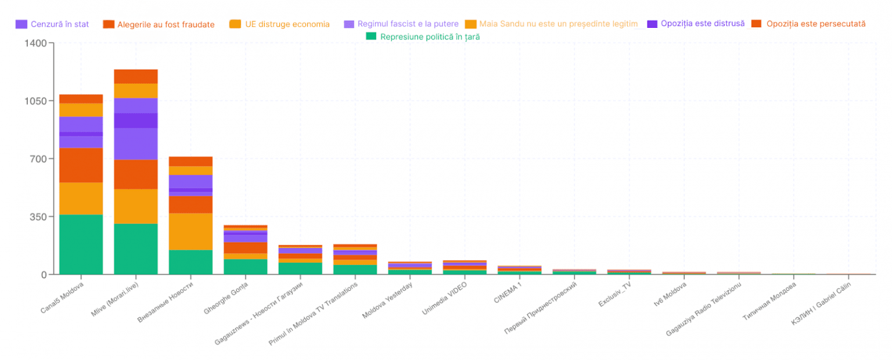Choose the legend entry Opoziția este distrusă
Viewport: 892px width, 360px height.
(703, 24)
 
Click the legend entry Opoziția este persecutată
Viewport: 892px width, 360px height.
(815, 24)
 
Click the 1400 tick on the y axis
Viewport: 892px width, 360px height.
(36, 44)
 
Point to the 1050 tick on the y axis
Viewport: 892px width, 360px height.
(36, 101)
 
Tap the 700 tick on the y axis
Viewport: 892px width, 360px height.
(38, 159)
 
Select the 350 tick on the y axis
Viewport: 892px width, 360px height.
(38, 217)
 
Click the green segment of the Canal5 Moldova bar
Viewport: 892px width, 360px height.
(81, 244)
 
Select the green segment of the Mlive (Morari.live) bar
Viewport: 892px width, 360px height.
(135, 249)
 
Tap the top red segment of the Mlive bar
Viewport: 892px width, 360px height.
(135, 76)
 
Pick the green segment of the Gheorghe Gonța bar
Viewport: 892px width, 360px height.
(245, 267)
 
